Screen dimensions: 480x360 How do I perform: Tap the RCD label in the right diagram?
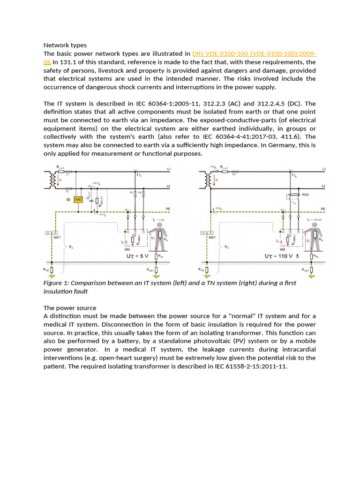pyautogui.click(x=305, y=194)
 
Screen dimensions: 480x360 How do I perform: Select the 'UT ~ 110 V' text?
pyautogui.click(x=279, y=257)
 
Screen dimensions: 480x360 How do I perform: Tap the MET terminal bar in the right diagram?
pyautogui.click(x=205, y=232)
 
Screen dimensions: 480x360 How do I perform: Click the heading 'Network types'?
pyautogui.click(x=65, y=45)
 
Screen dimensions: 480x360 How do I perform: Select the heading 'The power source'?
pyautogui.click(x=70, y=308)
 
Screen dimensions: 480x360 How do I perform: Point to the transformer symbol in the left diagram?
pyautogui.click(x=48, y=179)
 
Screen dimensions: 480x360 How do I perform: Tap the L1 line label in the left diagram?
pyautogui.click(x=169, y=169)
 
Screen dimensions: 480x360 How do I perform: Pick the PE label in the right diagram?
pyautogui.click(x=322, y=208)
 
